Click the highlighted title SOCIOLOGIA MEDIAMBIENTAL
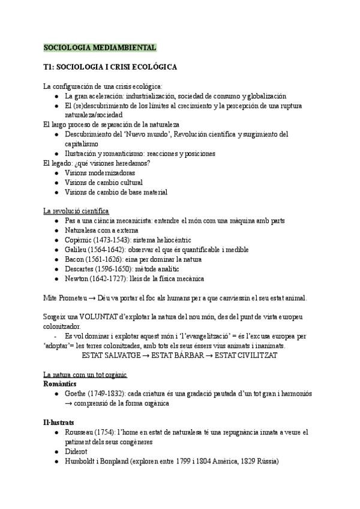100,47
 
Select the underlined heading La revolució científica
76,211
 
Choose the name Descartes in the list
81,269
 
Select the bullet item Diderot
77,451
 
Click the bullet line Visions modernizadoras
100,173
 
